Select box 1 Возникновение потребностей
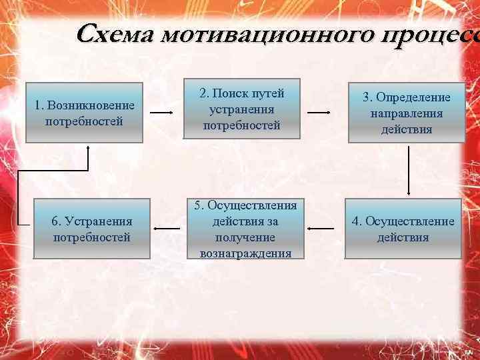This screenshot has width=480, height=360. pos(85,113)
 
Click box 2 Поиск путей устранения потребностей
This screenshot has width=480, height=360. pos(241,109)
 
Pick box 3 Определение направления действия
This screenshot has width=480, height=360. pos(407,113)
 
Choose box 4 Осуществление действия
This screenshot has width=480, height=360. pos(403,229)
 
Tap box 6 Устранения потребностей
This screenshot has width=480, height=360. pos(92,229)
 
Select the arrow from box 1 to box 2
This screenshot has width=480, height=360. pos(162,113)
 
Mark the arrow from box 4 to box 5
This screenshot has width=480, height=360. pos(321,229)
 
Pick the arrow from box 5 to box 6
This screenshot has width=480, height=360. pos(166,229)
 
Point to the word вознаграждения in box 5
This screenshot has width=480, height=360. pos(245,253)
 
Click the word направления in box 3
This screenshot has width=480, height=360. pos(407,113)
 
